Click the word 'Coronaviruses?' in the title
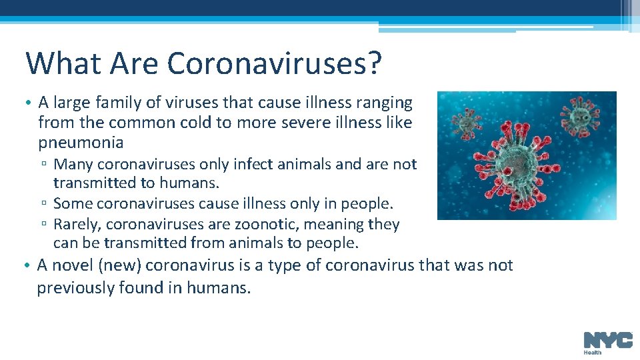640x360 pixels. pyautogui.click(x=275, y=63)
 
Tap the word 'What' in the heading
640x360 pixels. pyautogui.click(x=58, y=63)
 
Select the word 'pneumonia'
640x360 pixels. pyautogui.click(x=81, y=143)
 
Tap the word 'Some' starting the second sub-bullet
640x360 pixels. pyautogui.click(x=71, y=203)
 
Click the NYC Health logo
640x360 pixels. pyautogui.click(x=607, y=342)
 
